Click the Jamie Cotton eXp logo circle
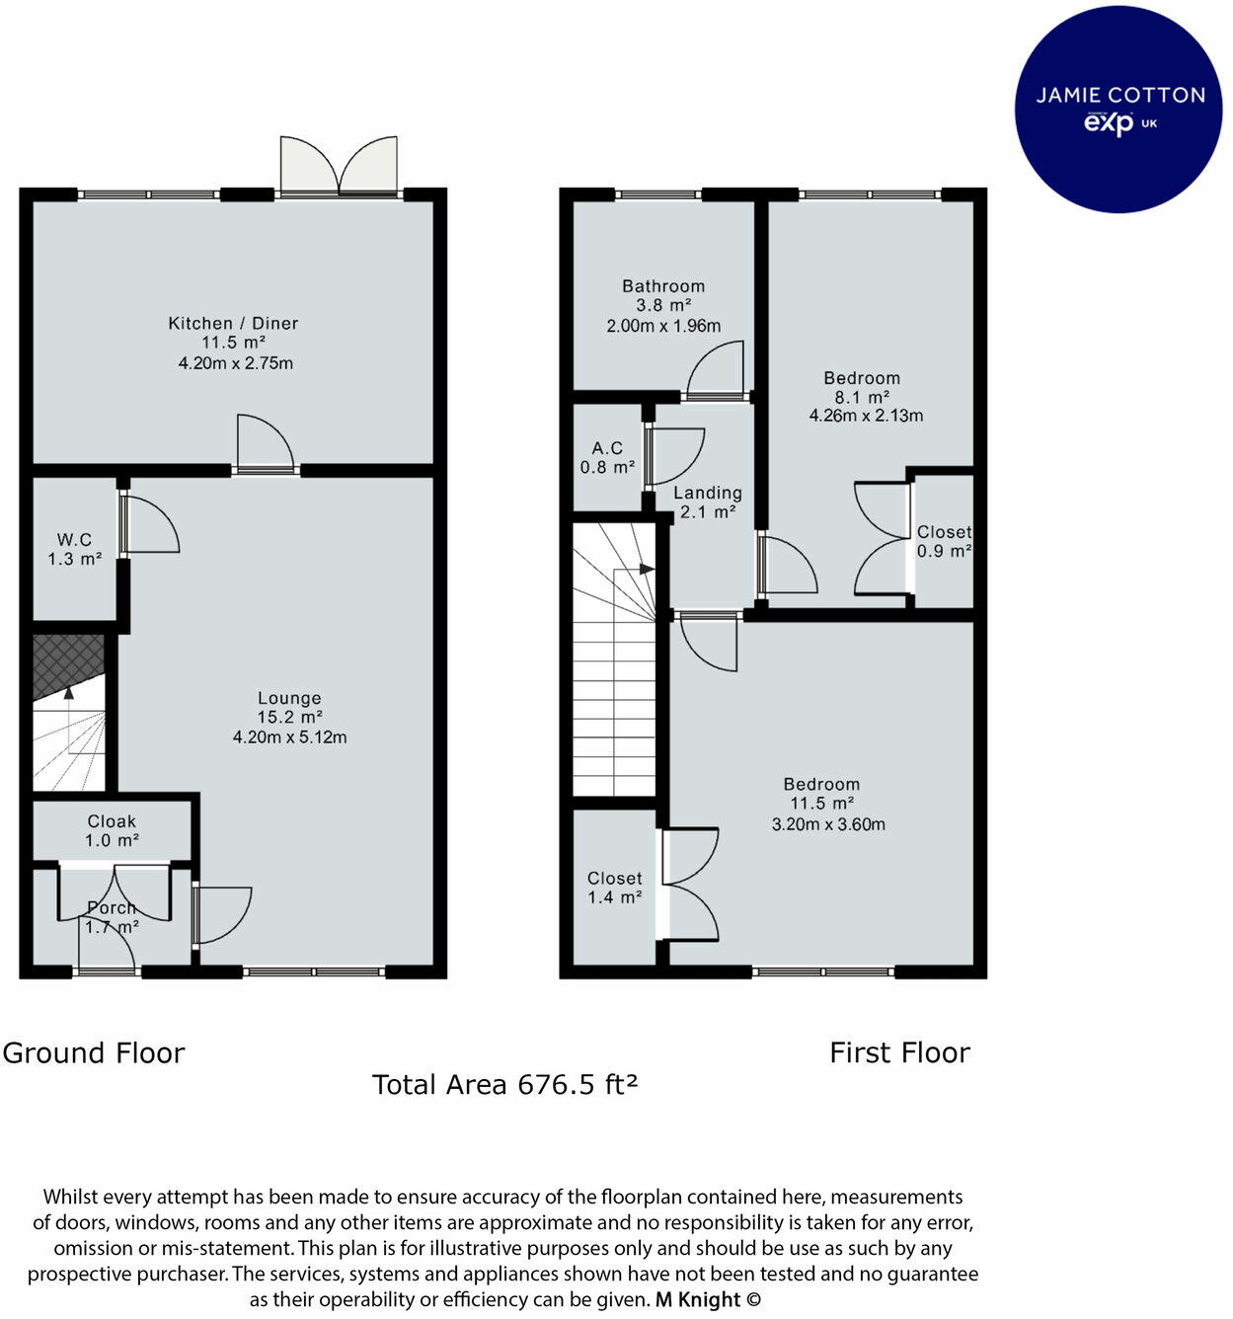click(x=1118, y=109)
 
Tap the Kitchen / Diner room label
click(x=233, y=324)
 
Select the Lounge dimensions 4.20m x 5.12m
click(x=289, y=737)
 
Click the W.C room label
click(x=74, y=539)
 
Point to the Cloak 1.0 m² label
click(x=112, y=831)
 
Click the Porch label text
click(x=112, y=907)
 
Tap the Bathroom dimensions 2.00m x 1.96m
click(x=663, y=326)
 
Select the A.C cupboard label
click(x=608, y=447)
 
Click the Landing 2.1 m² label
click(x=708, y=503)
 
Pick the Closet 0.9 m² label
click(x=944, y=541)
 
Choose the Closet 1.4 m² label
click(x=614, y=888)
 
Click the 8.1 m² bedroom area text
click(x=862, y=397)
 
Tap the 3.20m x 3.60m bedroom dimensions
click(x=828, y=824)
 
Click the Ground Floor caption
click(x=94, y=1052)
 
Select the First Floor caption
click(x=899, y=1052)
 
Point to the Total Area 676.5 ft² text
click(x=504, y=1085)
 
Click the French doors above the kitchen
click(x=339, y=166)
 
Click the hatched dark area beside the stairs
click(x=68, y=664)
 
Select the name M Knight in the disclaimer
click(x=698, y=1299)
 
